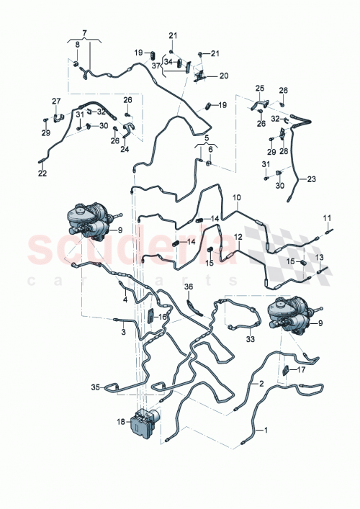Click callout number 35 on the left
[95, 387]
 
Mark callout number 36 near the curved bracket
[188, 288]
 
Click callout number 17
[301, 371]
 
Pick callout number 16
[163, 316]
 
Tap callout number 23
[311, 179]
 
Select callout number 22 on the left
[42, 173]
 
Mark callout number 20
[223, 76]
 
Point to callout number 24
[125, 150]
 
